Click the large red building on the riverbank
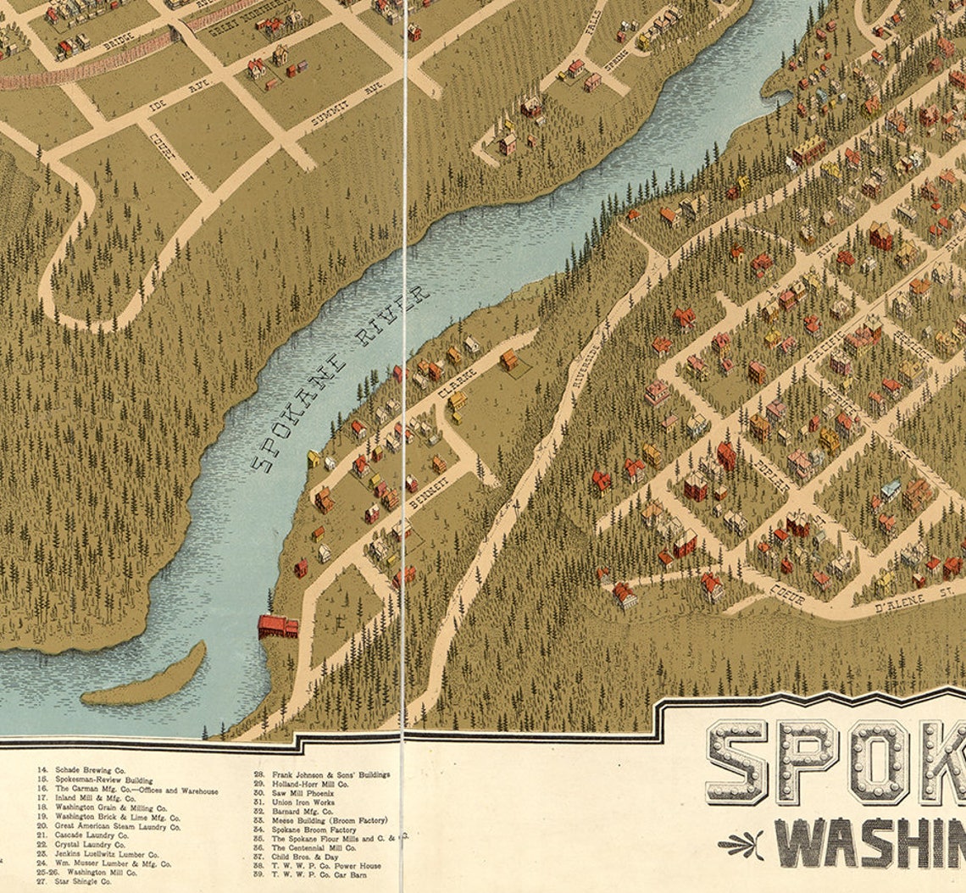278,626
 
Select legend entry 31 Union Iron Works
303,801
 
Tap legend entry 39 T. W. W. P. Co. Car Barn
318,875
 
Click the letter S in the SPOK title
736,763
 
